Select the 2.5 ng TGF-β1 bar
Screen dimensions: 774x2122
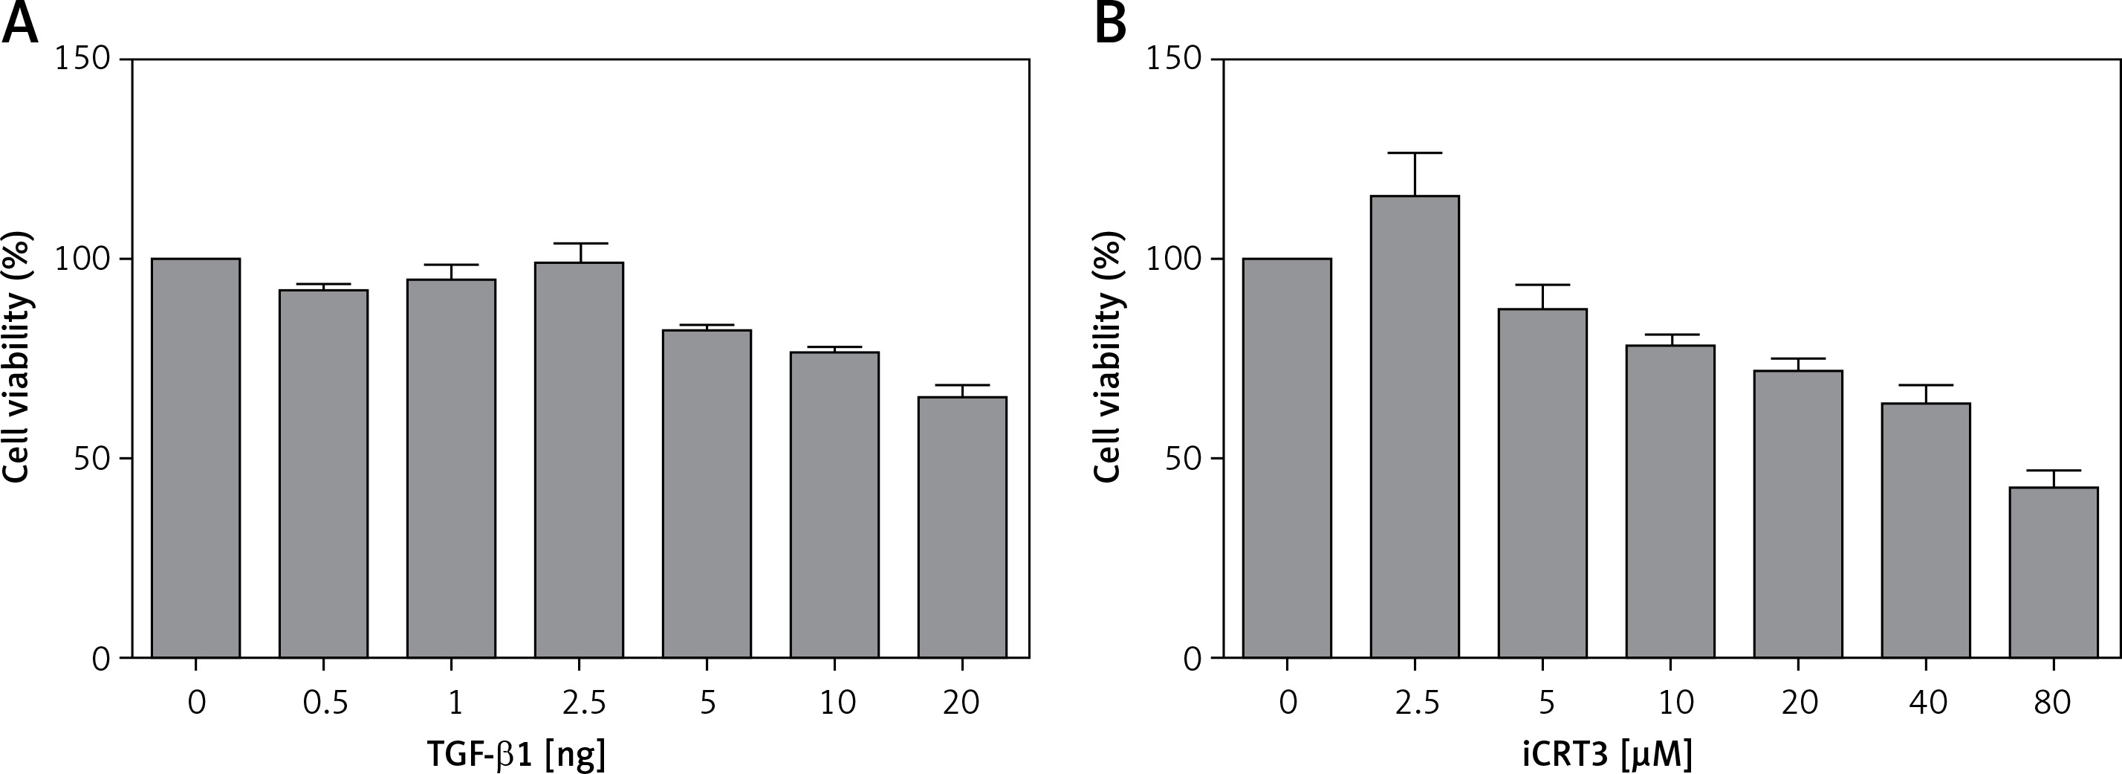point(579,459)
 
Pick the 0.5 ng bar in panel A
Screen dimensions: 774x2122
point(324,473)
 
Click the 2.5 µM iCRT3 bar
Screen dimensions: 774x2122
point(1415,426)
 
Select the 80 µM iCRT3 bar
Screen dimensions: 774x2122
point(2054,572)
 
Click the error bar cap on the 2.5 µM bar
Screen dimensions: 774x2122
point(1415,153)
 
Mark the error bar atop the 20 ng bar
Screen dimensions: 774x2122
point(962,386)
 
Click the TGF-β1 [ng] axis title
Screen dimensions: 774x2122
point(516,752)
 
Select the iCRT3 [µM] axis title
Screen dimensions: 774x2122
point(1607,752)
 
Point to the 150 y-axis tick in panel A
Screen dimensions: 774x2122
point(82,59)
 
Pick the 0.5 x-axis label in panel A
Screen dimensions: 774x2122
point(325,703)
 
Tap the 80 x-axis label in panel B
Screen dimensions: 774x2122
point(2052,703)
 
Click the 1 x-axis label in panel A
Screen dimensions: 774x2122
point(454,703)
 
